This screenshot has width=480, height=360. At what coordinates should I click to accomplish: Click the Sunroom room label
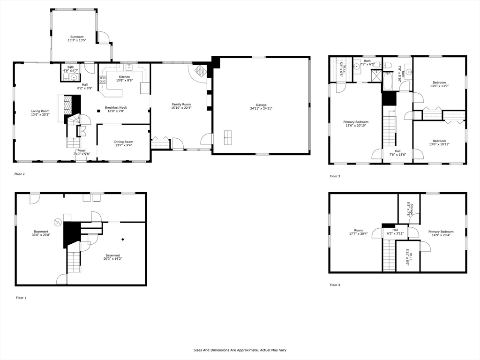pyautogui.click(x=77, y=37)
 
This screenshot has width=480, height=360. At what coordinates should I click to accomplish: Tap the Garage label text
pyautogui.click(x=261, y=105)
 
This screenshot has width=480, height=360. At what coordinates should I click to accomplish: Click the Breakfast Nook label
pyautogui.click(x=116, y=107)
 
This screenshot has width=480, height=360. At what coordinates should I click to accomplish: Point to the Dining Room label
pyautogui.click(x=124, y=142)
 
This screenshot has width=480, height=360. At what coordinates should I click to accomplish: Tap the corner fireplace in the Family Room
pyautogui.click(x=199, y=71)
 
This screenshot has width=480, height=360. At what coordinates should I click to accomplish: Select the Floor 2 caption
pyautogui.click(x=20, y=174)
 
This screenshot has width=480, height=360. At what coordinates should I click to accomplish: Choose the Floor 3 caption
pyautogui.click(x=335, y=176)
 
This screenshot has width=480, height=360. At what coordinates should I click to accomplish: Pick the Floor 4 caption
pyautogui.click(x=335, y=285)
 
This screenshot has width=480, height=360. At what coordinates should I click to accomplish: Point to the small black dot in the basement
pyautogui.click(x=122, y=240)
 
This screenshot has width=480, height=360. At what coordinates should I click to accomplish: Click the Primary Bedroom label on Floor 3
pyautogui.click(x=356, y=122)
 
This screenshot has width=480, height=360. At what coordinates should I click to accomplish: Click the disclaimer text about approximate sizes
pyautogui.click(x=240, y=350)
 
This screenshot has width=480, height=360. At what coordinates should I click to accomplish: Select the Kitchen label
pyautogui.click(x=124, y=77)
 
